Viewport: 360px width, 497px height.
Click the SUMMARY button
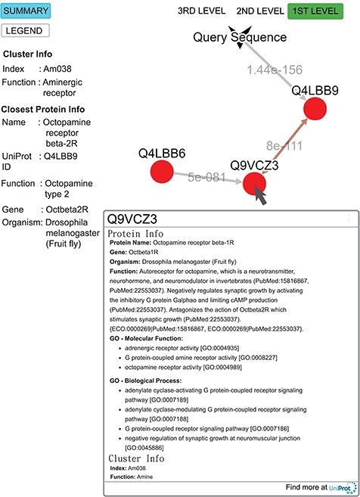pos(26,11)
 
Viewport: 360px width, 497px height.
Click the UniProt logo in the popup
pos(342,488)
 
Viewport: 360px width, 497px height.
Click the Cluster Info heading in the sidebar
pos(28,54)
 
